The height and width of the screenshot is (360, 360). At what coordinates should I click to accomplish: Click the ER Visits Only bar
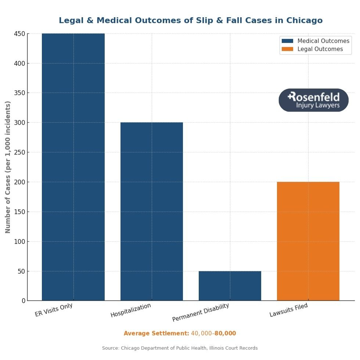73,167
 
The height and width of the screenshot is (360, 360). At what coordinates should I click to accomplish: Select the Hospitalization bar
152,211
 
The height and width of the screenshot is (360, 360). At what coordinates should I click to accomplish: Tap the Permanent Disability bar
230,286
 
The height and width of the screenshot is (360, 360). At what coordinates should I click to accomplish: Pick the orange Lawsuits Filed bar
308,241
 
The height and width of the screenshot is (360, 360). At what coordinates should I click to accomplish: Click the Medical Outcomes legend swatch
287,41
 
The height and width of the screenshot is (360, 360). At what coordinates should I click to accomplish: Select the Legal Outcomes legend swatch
287,49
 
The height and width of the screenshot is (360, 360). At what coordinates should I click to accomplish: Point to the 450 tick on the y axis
20,34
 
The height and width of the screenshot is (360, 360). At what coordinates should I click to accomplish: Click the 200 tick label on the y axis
20,182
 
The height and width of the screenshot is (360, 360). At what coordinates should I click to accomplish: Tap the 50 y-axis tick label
21,271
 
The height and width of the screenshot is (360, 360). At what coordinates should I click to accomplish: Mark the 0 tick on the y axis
24,301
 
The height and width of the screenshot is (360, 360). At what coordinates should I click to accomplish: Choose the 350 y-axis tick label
20,93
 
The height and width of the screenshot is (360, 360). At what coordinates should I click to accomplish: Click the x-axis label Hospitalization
131,311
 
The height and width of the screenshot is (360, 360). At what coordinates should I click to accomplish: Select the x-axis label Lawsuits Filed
289,311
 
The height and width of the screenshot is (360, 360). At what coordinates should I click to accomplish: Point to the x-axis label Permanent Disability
201,313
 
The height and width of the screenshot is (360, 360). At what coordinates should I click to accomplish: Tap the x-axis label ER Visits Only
54,310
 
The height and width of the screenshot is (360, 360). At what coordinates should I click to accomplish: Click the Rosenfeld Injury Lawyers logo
313,100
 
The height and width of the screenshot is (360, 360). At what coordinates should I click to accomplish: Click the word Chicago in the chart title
304,21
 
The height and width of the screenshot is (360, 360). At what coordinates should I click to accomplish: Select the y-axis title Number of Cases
8,167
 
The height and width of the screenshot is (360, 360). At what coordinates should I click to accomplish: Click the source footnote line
180,348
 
